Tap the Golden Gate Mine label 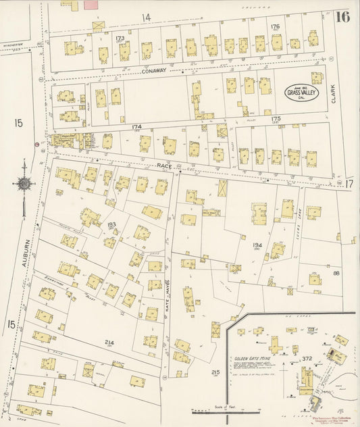(253, 357)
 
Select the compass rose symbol (24, 183)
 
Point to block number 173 (120, 39)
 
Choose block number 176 (275, 27)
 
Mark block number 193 (112, 224)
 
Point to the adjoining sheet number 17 (349, 183)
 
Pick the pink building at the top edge (90, 5)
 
